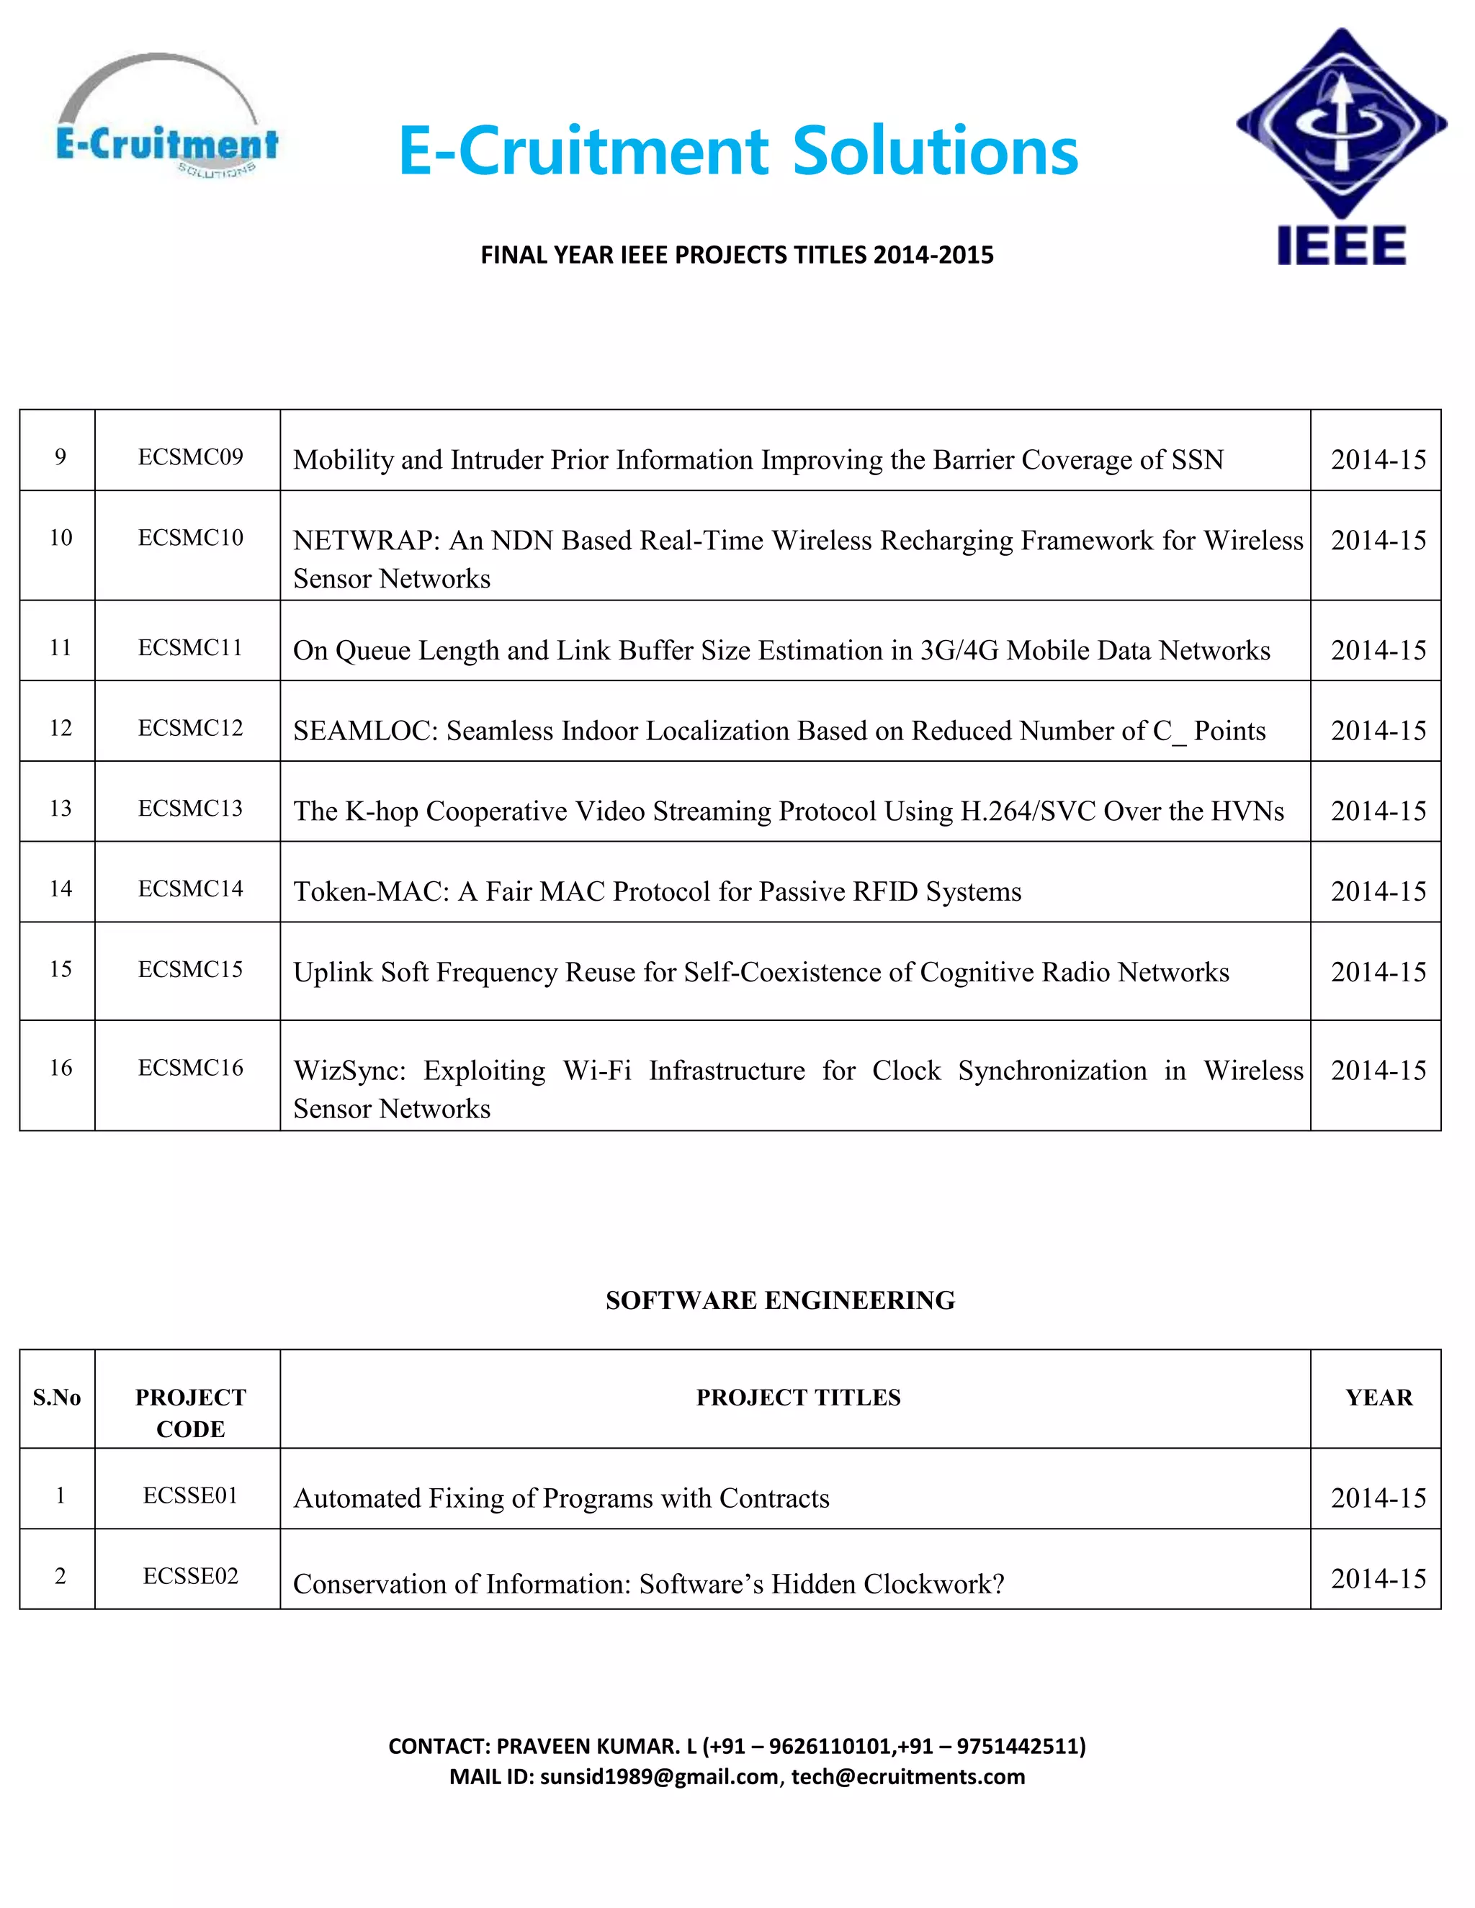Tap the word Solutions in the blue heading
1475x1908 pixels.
tap(935, 151)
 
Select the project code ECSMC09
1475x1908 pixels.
tap(190, 457)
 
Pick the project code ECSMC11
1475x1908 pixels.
tap(190, 648)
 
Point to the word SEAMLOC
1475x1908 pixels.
tap(365, 732)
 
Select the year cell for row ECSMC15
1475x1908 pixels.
tap(1378, 972)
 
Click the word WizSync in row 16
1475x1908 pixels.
tap(349, 1071)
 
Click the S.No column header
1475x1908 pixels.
tap(57, 1398)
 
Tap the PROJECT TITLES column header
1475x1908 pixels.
tap(798, 1398)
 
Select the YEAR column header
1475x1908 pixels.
tap(1378, 1398)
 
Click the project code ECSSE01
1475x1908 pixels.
tap(190, 1495)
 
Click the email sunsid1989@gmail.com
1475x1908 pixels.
tap(659, 1777)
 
